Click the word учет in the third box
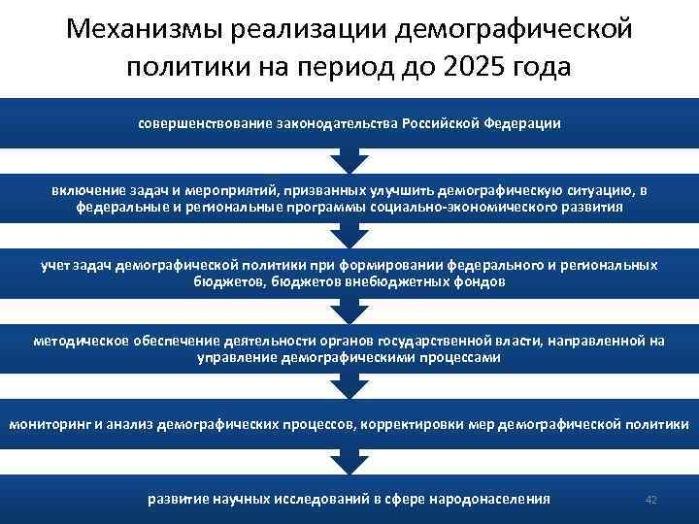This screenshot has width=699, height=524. tap(54, 265)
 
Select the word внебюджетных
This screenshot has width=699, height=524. tap(397, 281)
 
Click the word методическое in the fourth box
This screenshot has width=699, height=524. tap(78, 341)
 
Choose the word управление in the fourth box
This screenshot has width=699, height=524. tap(238, 357)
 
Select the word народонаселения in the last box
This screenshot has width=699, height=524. tap(490, 499)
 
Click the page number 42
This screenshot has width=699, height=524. tap(651, 499)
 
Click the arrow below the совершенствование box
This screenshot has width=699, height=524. tap(349, 161)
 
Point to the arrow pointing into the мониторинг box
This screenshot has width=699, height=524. tap(349, 388)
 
